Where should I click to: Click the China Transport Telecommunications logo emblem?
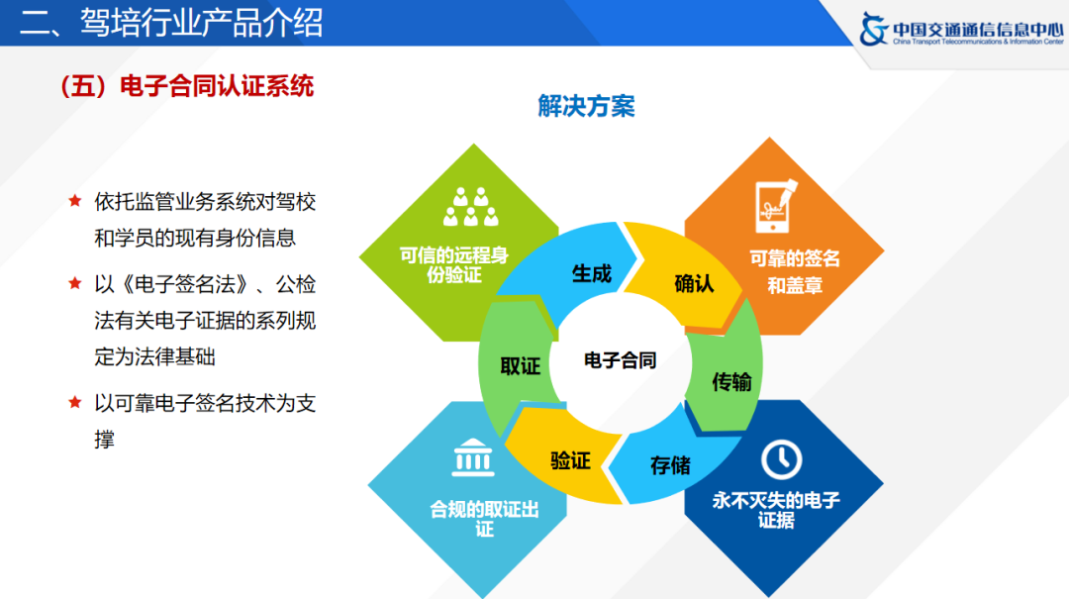click(x=873, y=29)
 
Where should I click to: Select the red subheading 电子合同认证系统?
click(x=188, y=86)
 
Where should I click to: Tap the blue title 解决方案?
click(x=586, y=107)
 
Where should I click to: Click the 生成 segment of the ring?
click(x=591, y=274)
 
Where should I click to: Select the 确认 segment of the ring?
click(x=694, y=283)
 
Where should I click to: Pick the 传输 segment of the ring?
click(x=731, y=382)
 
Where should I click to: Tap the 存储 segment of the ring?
click(x=670, y=464)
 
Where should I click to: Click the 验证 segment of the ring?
click(x=570, y=460)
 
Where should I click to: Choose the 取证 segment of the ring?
click(x=520, y=365)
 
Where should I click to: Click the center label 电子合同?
click(x=621, y=360)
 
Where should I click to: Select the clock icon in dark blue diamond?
click(x=781, y=458)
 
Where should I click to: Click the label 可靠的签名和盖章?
click(x=794, y=272)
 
